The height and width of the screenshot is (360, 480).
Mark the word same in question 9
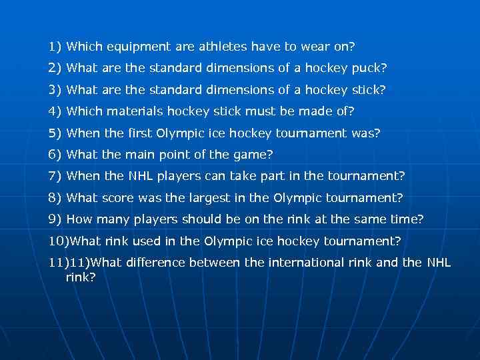[x=375, y=219]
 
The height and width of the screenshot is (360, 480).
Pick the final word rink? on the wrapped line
[x=81, y=276]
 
